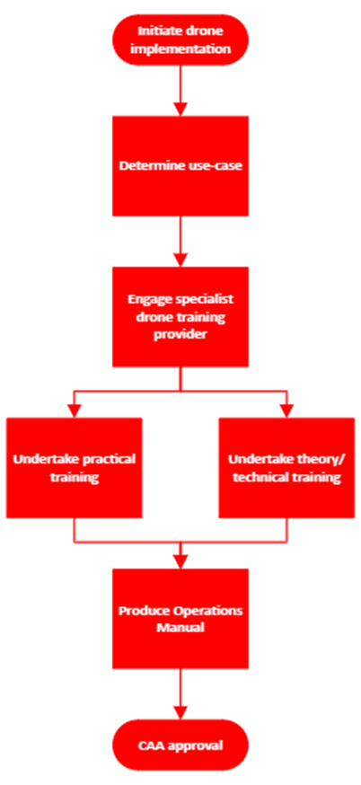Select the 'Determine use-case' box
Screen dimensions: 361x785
point(180,165)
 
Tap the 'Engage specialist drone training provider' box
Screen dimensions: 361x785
point(180,317)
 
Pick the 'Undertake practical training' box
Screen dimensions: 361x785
point(75,468)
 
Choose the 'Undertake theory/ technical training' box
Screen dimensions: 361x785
point(286,468)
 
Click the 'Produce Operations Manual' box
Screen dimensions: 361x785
point(180,620)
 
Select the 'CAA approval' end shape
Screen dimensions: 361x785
point(180,746)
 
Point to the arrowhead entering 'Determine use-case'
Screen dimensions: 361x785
point(180,110)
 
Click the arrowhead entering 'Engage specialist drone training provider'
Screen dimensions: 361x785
point(180,260)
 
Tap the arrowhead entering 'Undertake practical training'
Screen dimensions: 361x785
point(75,411)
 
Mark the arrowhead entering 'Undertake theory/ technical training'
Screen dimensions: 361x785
point(286,411)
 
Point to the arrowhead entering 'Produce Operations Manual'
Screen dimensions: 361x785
point(180,562)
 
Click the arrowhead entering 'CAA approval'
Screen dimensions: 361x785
point(180,713)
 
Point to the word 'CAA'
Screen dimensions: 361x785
point(150,746)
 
